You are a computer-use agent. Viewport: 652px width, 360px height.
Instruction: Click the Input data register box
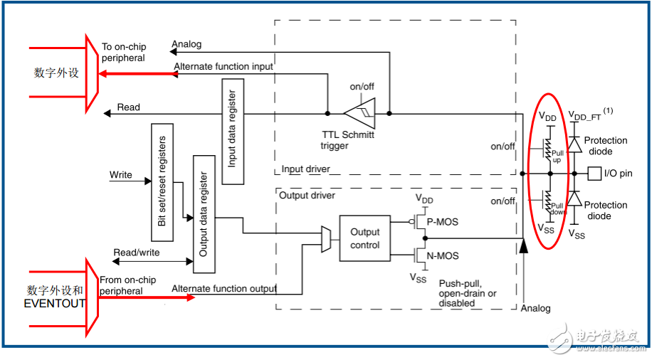click(232, 133)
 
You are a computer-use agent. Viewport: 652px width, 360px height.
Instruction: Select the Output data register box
click(204, 214)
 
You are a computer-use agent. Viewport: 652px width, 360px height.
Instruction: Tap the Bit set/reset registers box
click(163, 182)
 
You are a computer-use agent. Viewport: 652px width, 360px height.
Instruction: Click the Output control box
click(364, 238)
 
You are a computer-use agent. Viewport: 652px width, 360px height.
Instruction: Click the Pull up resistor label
click(556, 156)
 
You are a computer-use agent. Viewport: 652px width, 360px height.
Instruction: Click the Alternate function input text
click(224, 67)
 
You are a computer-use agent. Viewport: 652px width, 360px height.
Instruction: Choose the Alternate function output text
click(224, 288)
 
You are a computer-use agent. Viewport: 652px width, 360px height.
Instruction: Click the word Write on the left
click(121, 175)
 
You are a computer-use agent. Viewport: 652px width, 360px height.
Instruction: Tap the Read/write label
click(137, 253)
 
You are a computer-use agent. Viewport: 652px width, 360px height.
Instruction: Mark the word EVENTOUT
click(55, 303)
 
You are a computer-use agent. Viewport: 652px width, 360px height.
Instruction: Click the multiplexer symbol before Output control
click(326, 238)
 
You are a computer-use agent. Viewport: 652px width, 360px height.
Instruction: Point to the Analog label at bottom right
click(535, 308)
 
